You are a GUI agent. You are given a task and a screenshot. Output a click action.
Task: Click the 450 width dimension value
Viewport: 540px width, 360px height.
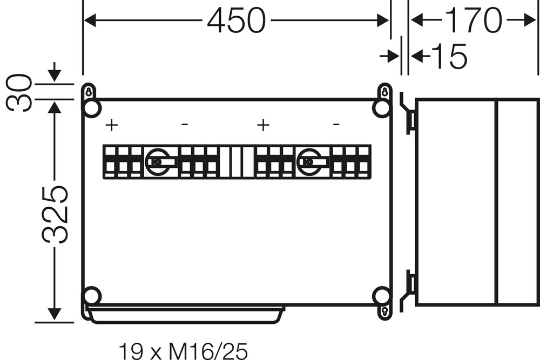click(237, 21)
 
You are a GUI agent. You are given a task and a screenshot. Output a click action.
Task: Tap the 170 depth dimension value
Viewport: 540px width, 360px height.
click(474, 21)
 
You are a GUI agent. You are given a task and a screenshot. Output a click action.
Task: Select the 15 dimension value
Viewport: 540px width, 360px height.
click(449, 56)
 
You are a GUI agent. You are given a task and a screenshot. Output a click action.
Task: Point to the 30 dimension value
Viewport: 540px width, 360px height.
click(19, 93)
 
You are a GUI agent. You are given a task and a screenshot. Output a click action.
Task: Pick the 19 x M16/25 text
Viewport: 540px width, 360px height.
click(183, 351)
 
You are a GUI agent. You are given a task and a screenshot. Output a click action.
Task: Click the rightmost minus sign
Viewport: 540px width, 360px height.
click(336, 124)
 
